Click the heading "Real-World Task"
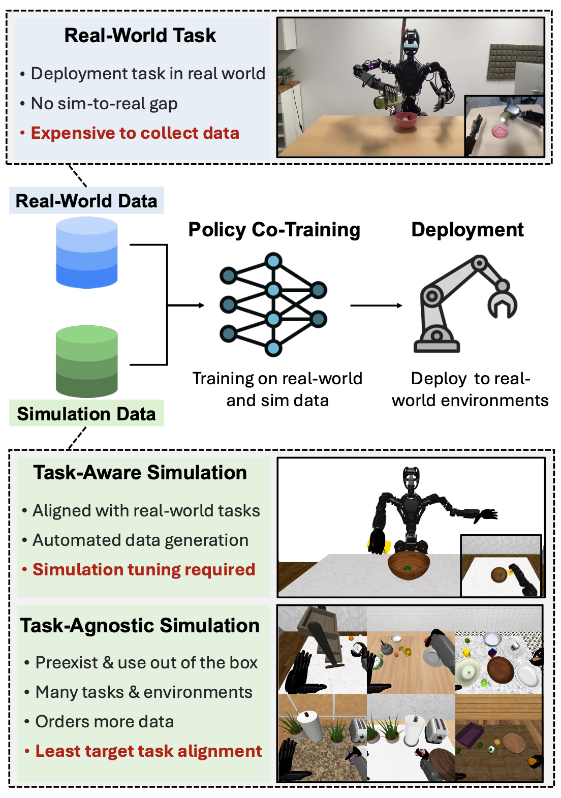click(x=140, y=36)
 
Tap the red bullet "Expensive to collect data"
click(x=135, y=133)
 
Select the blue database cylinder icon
click(x=87, y=253)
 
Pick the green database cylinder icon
click(x=87, y=361)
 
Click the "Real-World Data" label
click(x=86, y=201)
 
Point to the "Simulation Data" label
click(x=86, y=414)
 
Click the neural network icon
click(x=273, y=305)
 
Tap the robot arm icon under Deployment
click(x=465, y=304)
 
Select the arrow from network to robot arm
click(x=376, y=305)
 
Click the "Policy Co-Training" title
click(x=274, y=230)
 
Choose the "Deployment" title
click(x=467, y=230)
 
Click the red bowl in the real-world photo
click(x=406, y=120)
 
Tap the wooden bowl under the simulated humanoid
click(x=409, y=566)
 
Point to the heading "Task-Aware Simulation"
click(x=140, y=473)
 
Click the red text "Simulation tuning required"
click(x=143, y=570)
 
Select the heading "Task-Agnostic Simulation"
click(x=140, y=626)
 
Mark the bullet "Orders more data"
click(x=104, y=722)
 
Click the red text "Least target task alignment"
click(x=148, y=751)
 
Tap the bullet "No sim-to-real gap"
click(x=104, y=104)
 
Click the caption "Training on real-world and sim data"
click(x=277, y=389)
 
